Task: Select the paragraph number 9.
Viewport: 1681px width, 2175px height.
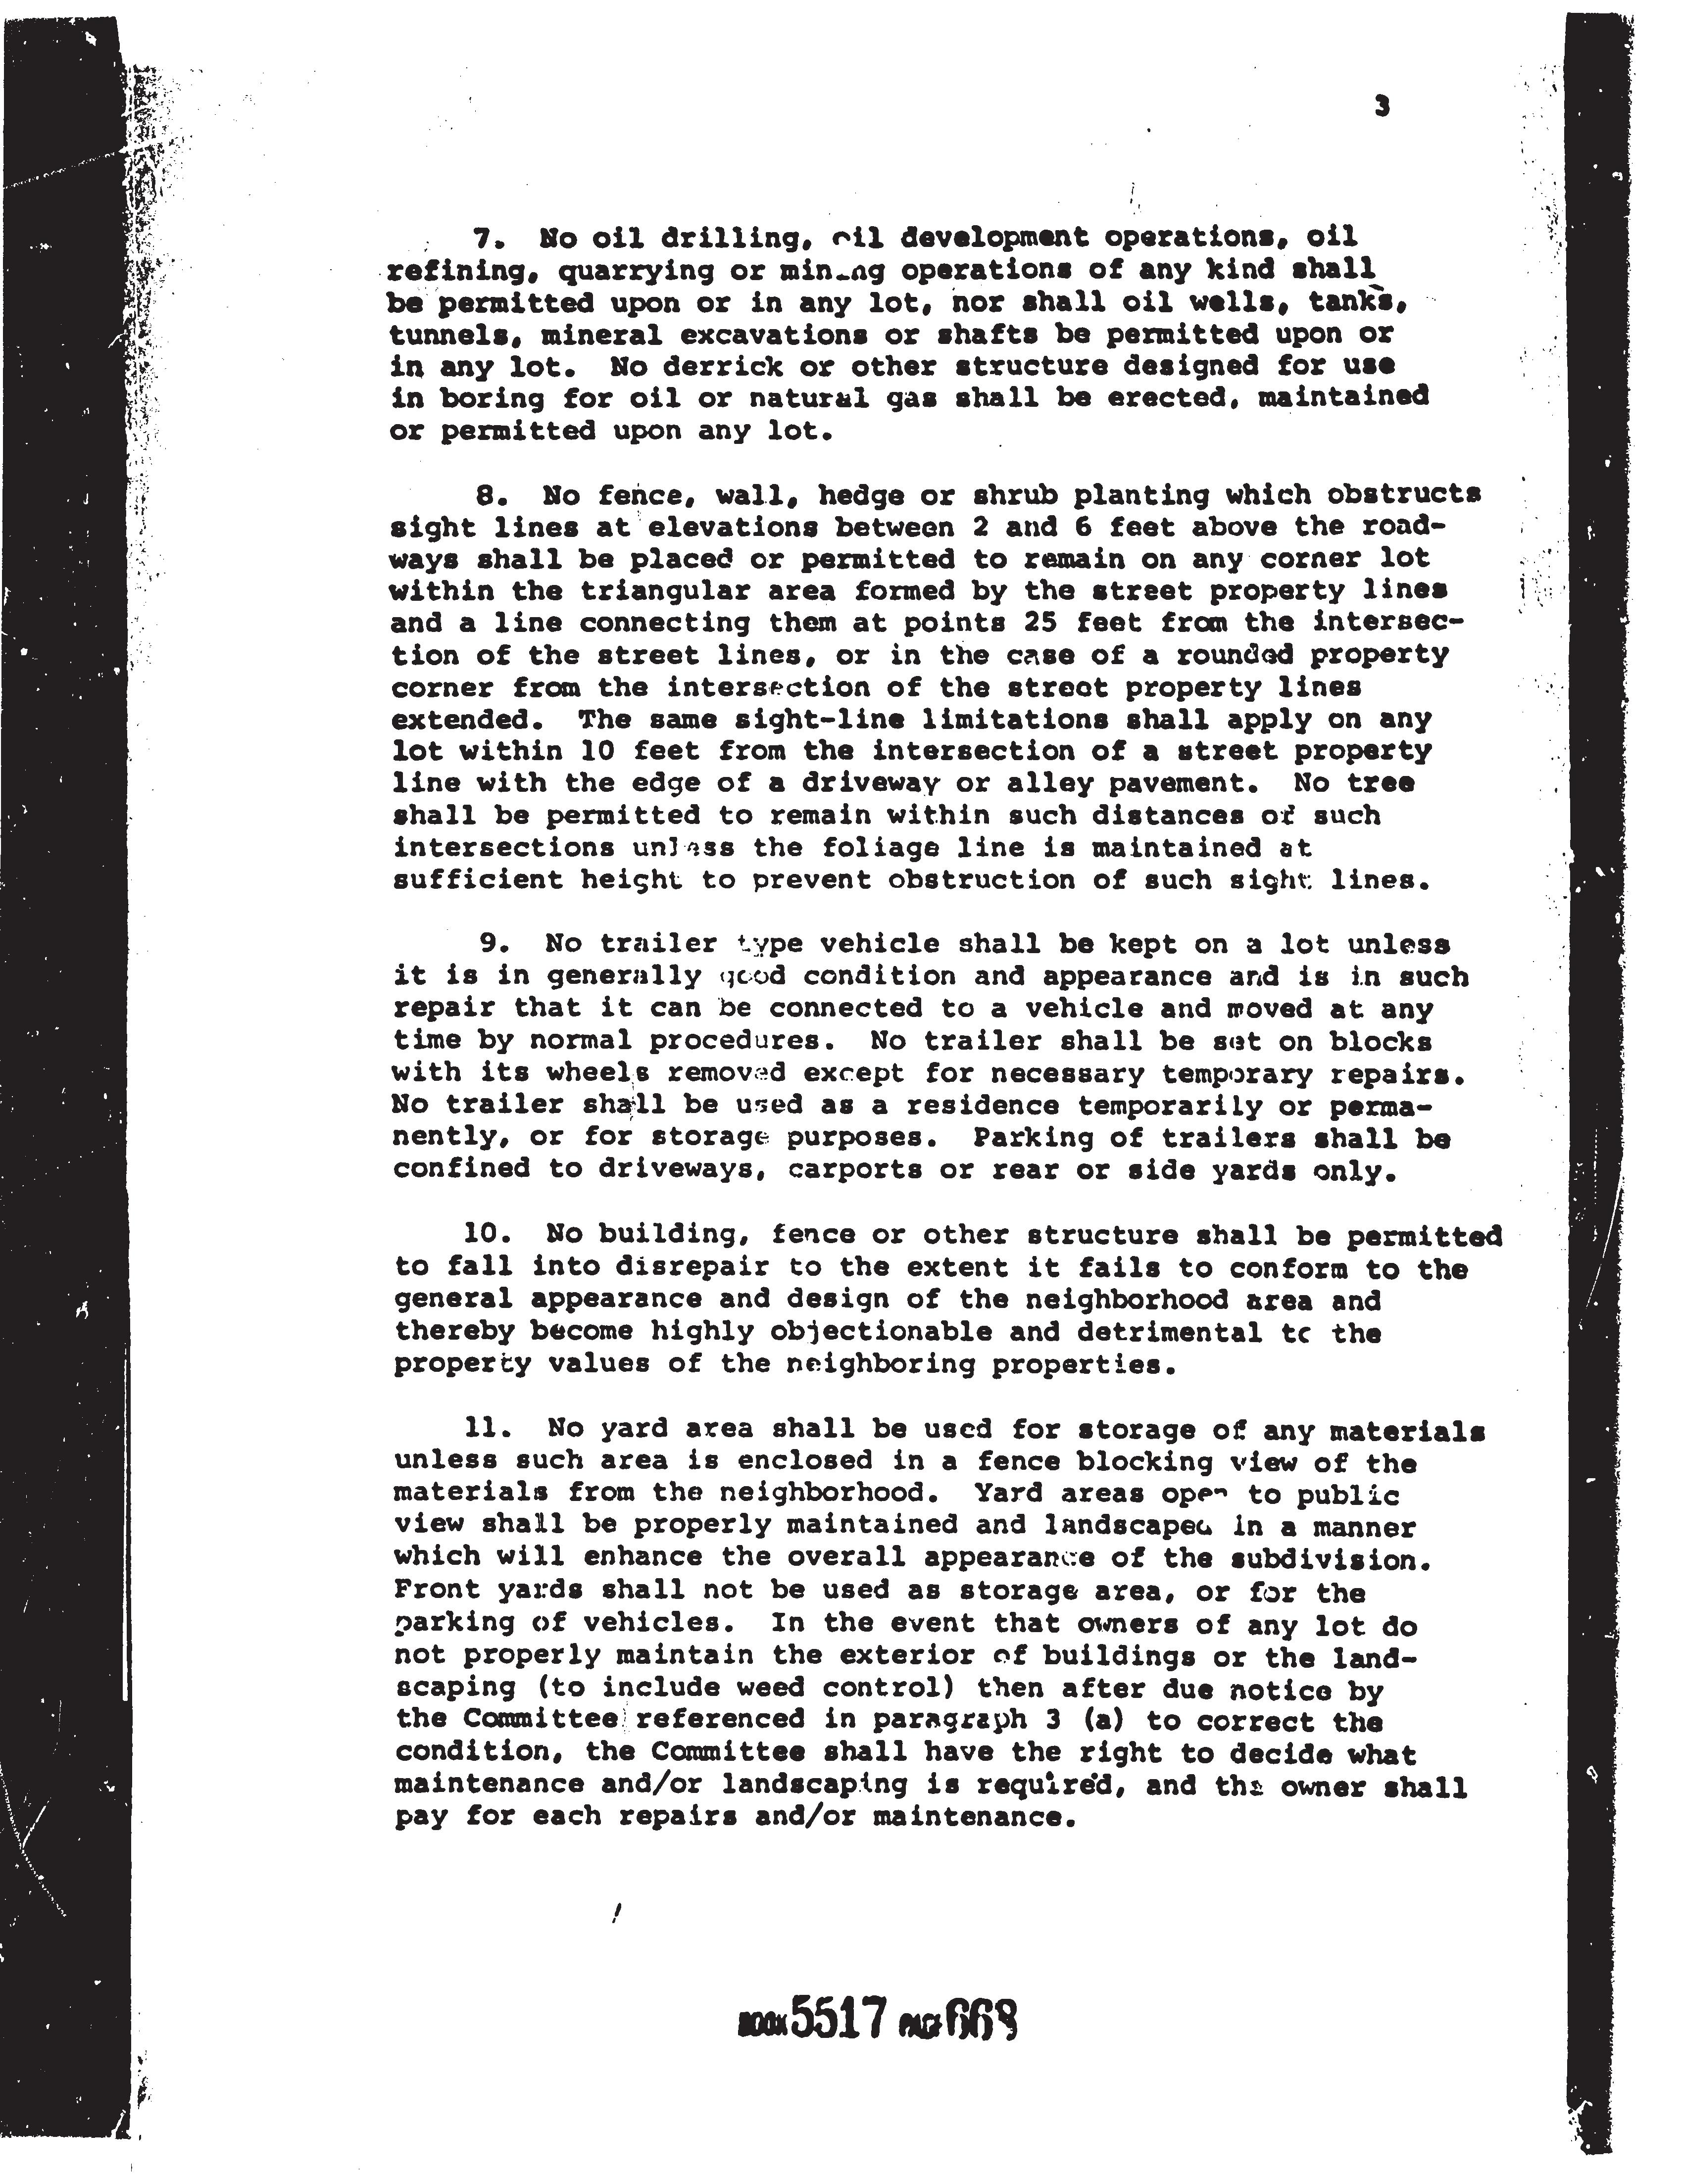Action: click(493, 943)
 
